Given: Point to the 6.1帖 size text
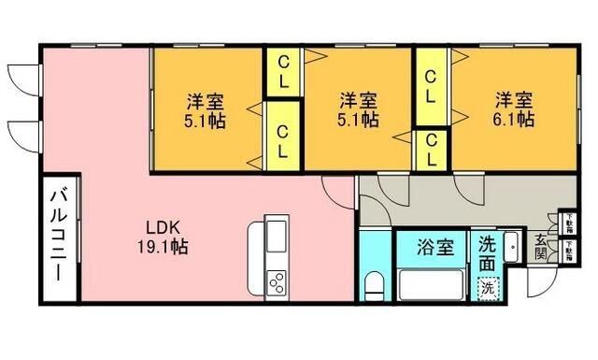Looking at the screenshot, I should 514,120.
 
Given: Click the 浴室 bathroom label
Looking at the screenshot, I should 434,248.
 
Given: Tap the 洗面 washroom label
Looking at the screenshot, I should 487,255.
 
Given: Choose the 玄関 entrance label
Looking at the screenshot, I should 541,248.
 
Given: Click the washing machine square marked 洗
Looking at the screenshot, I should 487,288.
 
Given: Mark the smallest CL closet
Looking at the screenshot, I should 432,150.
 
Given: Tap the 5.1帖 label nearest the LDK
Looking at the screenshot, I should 205,120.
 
